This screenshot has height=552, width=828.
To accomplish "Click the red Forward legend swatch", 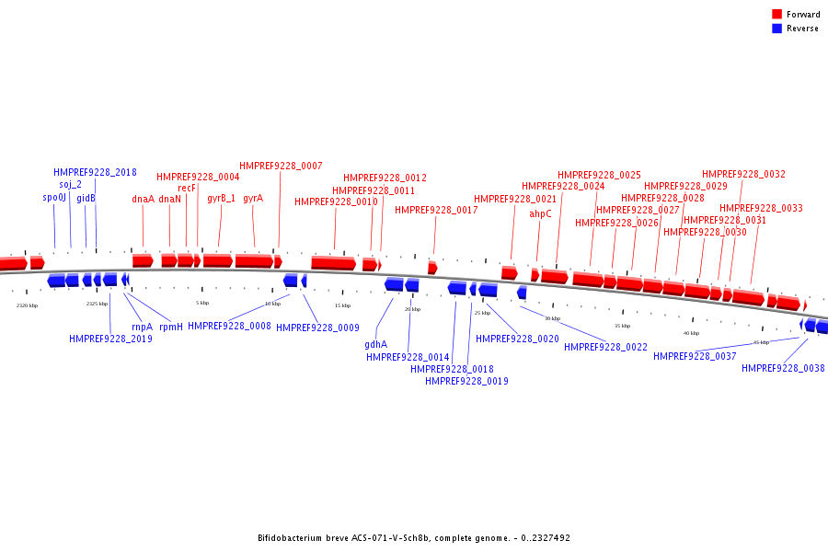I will tap(777, 15).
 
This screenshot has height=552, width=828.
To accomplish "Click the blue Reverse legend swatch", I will tap(777, 29).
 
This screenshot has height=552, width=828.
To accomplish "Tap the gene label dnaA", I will tap(143, 199).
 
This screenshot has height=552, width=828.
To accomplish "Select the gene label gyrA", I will tap(253, 199).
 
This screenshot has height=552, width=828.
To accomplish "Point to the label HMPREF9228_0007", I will tap(281, 166).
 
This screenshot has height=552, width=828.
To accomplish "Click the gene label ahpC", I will tap(540, 214).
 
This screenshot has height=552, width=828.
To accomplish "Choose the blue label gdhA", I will tap(375, 345).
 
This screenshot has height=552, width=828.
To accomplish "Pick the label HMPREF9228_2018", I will tap(95, 172).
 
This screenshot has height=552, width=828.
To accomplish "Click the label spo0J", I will tap(54, 198).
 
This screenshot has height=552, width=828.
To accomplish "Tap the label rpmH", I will tap(171, 327).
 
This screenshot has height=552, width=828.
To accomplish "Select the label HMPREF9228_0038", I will tap(783, 369).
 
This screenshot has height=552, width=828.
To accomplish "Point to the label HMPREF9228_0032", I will tap(743, 175).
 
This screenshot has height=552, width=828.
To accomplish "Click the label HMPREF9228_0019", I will tap(466, 381).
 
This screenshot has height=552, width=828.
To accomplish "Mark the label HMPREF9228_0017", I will tap(436, 211).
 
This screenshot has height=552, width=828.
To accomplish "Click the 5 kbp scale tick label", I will tap(202, 303).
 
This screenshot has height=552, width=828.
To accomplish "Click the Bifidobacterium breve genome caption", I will tap(413, 538).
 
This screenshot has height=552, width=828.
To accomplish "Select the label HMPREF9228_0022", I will tap(605, 348).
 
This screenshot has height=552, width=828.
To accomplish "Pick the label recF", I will tap(187, 188).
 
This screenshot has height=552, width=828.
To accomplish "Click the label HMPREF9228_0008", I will tap(229, 327).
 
